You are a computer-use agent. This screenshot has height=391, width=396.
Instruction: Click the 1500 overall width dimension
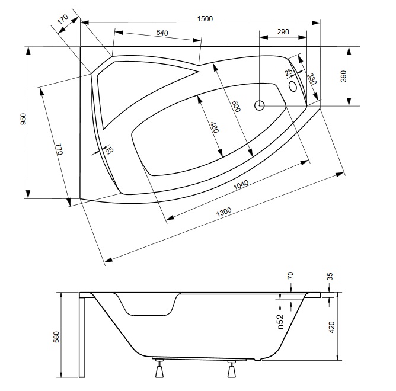[x=205, y=19]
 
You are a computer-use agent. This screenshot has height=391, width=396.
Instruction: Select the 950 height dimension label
[x=23, y=119]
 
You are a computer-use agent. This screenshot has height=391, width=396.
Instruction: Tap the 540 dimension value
[x=162, y=33]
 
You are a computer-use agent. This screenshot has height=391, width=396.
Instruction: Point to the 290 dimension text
[x=283, y=32]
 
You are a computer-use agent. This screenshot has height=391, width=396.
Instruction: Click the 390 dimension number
[x=343, y=76]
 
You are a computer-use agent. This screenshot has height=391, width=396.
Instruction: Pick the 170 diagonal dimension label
[x=63, y=19]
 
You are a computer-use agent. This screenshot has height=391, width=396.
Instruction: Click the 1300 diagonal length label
[x=223, y=212]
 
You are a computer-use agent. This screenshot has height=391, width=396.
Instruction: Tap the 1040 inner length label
[x=241, y=185]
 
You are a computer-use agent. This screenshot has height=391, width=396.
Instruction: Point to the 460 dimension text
[x=215, y=127]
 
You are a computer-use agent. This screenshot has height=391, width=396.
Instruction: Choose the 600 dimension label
[x=237, y=106]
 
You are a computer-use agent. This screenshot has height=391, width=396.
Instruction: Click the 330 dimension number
[x=312, y=79]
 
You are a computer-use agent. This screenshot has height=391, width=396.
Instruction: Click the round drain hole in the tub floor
[x=260, y=105]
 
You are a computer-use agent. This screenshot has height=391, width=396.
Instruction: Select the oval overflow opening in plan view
[x=293, y=86]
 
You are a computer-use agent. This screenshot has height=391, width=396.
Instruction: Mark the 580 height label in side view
[x=56, y=337]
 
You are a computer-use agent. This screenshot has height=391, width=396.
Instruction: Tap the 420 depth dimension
[x=332, y=327]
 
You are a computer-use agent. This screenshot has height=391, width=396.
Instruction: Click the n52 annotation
[x=280, y=321]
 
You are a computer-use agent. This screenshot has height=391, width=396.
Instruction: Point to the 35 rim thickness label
[x=330, y=277]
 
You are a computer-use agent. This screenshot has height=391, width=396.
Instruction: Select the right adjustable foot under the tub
[x=232, y=368]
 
